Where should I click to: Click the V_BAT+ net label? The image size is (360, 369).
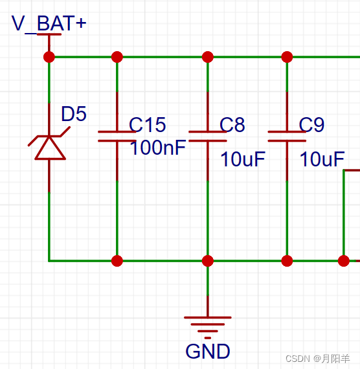coord(49,24)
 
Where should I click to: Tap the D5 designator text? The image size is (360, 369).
coord(73,115)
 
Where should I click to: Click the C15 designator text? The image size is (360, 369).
coord(147,125)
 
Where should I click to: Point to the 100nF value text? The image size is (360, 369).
coord(157,148)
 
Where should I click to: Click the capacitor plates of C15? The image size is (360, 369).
coord(117,136)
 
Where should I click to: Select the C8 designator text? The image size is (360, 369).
coord(232,125)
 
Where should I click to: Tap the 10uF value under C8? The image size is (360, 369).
coord(242,159)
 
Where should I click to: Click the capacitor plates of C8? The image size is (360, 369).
coord(208,136)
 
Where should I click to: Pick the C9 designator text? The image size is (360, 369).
coord(311,125)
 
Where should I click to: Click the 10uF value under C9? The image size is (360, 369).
coord(321,159)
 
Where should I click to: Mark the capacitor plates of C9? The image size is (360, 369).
coord(287,136)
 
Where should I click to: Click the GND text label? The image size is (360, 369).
coord(208,352)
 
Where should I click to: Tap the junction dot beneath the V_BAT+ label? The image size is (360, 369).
coord(49,57)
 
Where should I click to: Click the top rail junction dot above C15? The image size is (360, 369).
coord(117,57)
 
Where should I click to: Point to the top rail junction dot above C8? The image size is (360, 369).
coord(208,57)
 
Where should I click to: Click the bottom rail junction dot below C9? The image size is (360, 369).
coord(287,261)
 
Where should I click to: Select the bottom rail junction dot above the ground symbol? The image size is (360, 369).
coord(208,261)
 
